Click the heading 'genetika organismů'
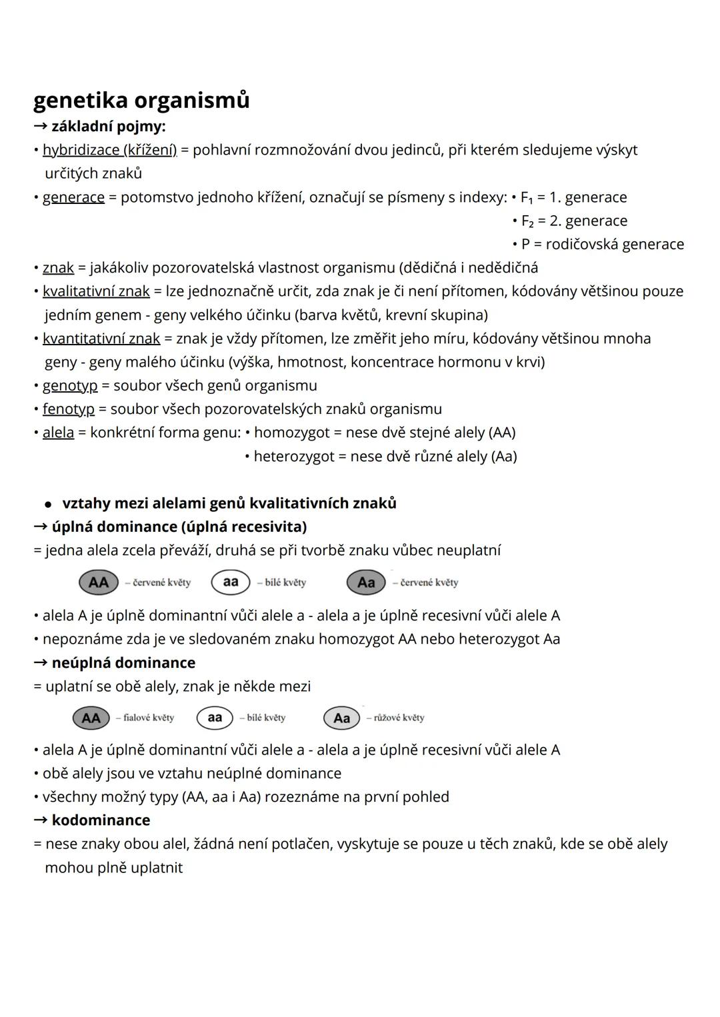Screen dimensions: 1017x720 141,100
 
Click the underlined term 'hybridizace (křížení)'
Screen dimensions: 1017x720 109,150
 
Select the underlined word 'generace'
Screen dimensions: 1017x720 73,197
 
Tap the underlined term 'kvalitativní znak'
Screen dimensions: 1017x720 96,291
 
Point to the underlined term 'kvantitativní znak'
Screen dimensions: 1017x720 101,339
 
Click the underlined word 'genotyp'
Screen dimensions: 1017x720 70,385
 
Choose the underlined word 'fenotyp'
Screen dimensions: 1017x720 69,409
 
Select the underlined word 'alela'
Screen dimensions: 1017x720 58,433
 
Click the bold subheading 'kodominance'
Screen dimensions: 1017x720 101,820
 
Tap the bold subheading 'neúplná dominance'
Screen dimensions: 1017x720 123,662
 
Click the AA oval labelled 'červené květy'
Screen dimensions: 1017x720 99,582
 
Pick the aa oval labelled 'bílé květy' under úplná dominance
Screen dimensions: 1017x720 231,582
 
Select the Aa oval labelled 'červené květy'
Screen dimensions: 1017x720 366,582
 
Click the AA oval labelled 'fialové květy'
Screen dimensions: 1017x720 91,718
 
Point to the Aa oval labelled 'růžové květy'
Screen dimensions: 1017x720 341,718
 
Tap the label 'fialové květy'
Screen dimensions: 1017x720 145,718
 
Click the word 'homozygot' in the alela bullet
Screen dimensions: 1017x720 291,433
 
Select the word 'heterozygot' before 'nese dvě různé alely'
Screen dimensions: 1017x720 294,457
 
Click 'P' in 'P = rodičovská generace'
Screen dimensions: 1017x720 525,245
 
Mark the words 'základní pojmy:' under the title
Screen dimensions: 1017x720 109,126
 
